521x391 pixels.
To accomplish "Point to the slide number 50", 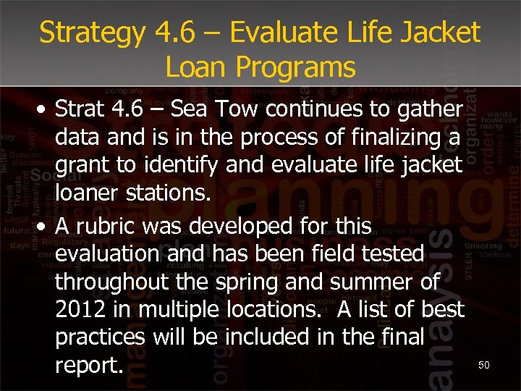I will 483,366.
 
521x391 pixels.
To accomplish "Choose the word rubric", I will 111,226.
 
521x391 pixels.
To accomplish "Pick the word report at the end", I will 88,366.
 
